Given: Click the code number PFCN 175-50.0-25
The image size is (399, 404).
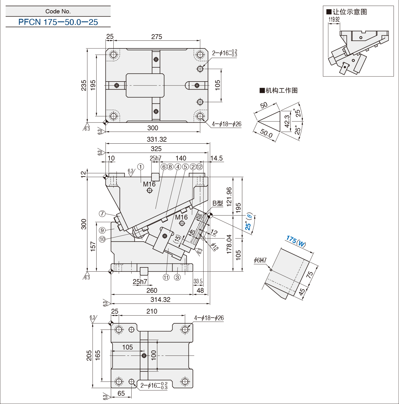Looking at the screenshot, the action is coord(58,22).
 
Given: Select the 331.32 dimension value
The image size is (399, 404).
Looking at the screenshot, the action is coord(157,139).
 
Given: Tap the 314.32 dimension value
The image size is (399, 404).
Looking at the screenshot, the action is coord(160,300).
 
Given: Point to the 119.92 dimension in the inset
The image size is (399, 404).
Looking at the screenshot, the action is coord(334,19).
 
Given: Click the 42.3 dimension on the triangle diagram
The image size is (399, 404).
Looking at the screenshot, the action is coord(287,121).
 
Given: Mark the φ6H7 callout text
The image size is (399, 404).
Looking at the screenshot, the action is coord(260,260).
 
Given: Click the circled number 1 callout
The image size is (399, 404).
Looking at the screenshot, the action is coord(140,167).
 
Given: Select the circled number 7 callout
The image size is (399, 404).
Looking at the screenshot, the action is coord(102,214).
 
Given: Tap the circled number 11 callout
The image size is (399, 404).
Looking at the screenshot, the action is coord(166,278).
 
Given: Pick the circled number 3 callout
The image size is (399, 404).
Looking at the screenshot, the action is coord(177,278).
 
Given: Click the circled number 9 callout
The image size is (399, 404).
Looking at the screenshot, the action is coord(102,230).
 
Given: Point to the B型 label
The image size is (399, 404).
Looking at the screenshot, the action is coord(218,203).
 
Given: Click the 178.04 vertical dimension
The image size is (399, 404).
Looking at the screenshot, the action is coord(229,244).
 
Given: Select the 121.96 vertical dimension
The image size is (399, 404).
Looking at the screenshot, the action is coord(229,197).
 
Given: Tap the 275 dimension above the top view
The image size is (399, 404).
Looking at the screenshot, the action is coord(157,37).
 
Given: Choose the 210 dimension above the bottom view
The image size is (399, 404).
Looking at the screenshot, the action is coord(152,311).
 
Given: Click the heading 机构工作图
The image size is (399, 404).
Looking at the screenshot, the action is coord(279,90).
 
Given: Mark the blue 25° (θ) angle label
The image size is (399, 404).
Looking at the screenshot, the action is coord(248,222).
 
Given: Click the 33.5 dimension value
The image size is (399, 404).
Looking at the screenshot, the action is coord(198,281).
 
